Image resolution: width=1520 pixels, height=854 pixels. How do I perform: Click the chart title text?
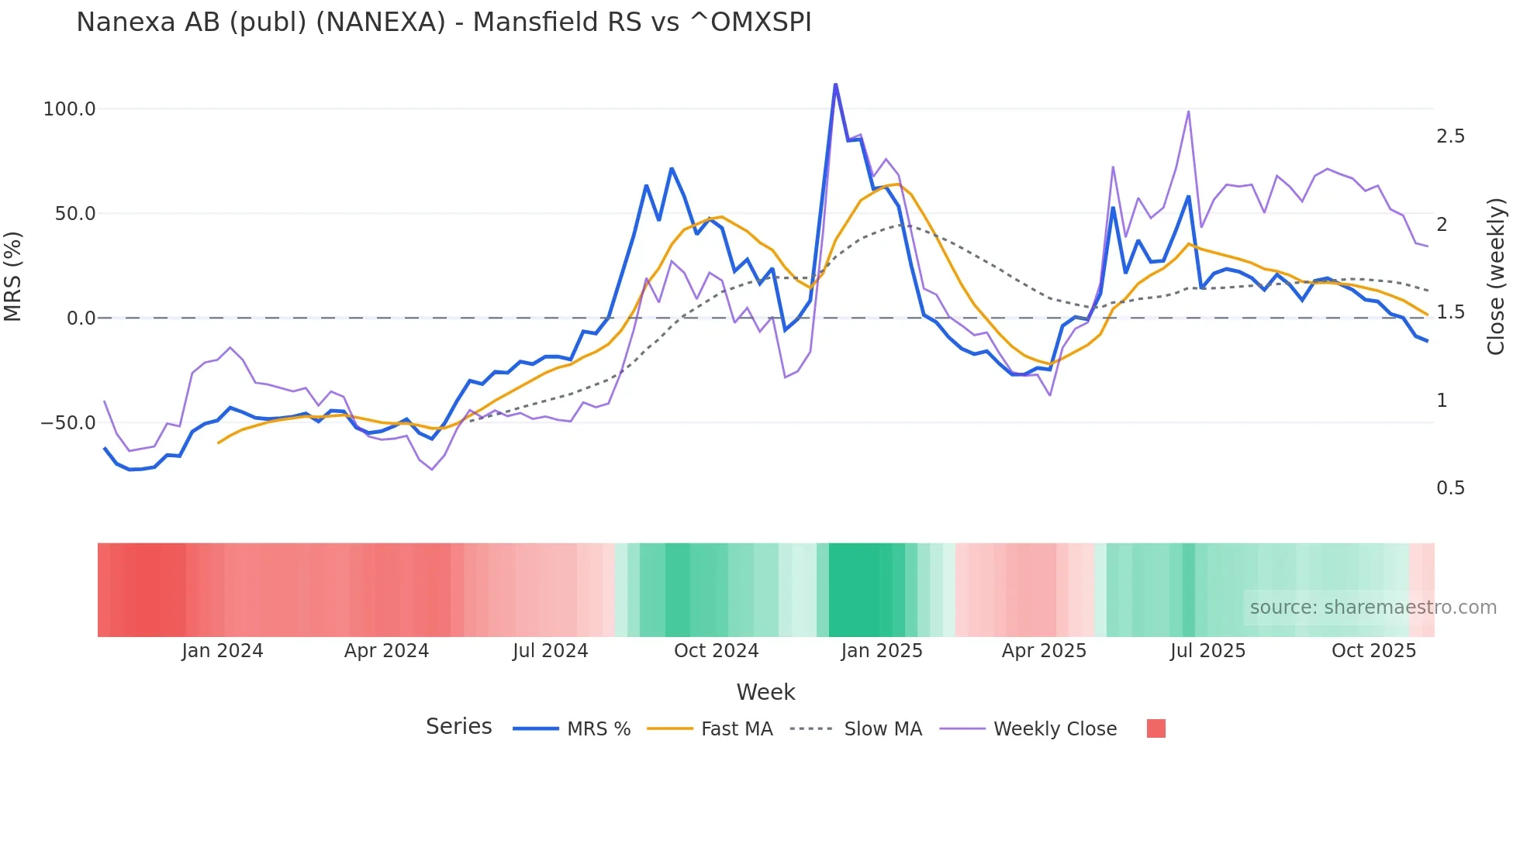pyautogui.click(x=444, y=22)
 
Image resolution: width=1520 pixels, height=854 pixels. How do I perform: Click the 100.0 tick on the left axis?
pyautogui.click(x=69, y=109)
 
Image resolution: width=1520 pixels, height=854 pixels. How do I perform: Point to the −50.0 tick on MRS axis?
pyautogui.click(x=68, y=423)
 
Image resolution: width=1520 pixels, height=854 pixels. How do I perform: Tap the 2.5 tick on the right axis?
pyautogui.click(x=1450, y=136)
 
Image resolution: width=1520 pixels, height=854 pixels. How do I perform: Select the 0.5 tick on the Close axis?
pyautogui.click(x=1450, y=488)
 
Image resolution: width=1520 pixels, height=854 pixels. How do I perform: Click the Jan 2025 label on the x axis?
pyautogui.click(x=882, y=651)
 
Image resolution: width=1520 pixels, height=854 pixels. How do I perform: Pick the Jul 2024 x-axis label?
pyautogui.click(x=550, y=651)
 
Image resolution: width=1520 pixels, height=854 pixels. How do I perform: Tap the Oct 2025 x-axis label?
pyautogui.click(x=1373, y=651)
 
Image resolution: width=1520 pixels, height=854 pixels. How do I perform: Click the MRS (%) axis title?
pyautogui.click(x=13, y=276)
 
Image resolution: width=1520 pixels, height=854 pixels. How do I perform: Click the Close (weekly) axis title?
pyautogui.click(x=1496, y=277)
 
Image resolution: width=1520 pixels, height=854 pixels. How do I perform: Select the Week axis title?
pyautogui.click(x=765, y=692)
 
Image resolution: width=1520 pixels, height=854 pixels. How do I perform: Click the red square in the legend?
pyautogui.click(x=1156, y=728)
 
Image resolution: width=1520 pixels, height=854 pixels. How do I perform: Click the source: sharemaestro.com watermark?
pyautogui.click(x=1373, y=608)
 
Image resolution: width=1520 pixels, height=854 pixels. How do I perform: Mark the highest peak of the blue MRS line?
pyautogui.click(x=835, y=84)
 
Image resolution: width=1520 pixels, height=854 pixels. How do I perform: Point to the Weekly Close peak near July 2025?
pyautogui.click(x=1188, y=112)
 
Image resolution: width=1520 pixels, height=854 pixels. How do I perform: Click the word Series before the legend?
pyautogui.click(x=458, y=727)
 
